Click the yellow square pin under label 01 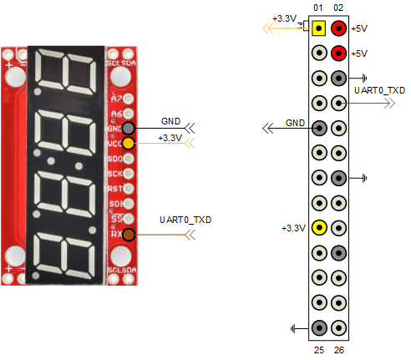(318, 28)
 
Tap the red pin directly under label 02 (339, 28)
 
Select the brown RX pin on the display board (129, 235)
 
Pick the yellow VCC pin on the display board (129, 143)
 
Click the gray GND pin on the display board (129, 129)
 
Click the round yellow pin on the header (318, 228)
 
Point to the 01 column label (318, 8)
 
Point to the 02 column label (338, 8)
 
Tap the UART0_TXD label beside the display (185, 220)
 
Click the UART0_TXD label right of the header (379, 89)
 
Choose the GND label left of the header (295, 123)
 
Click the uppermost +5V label (360, 28)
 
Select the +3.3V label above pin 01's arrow (284, 18)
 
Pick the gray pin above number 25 (318, 328)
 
